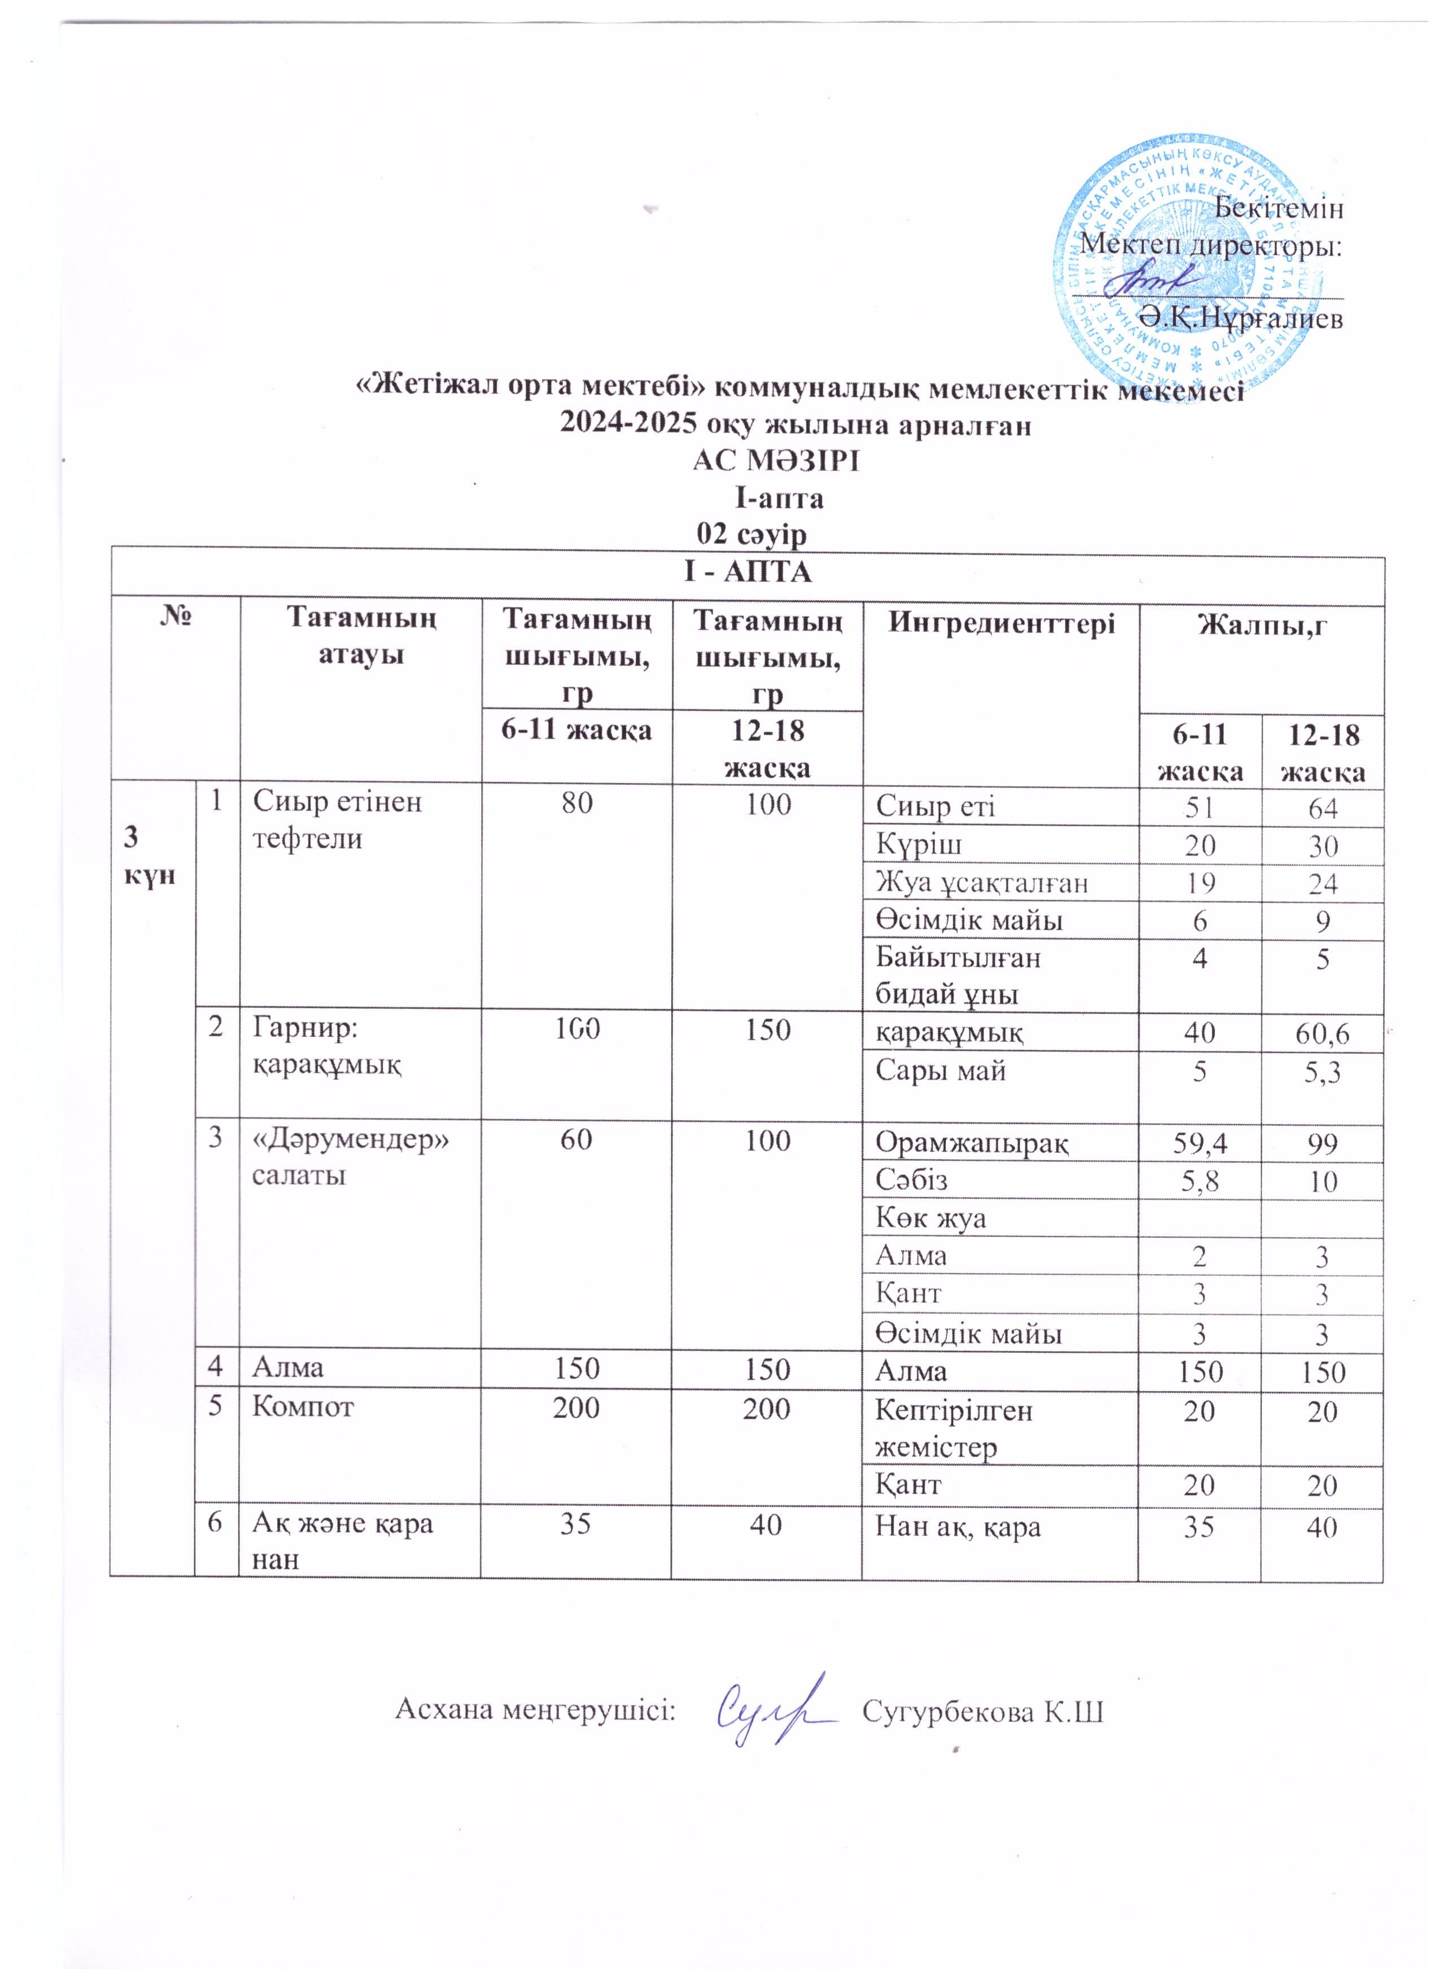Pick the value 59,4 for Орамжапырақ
(x=1200, y=1143)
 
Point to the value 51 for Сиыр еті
(x=1200, y=809)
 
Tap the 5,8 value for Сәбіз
(x=1200, y=1181)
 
